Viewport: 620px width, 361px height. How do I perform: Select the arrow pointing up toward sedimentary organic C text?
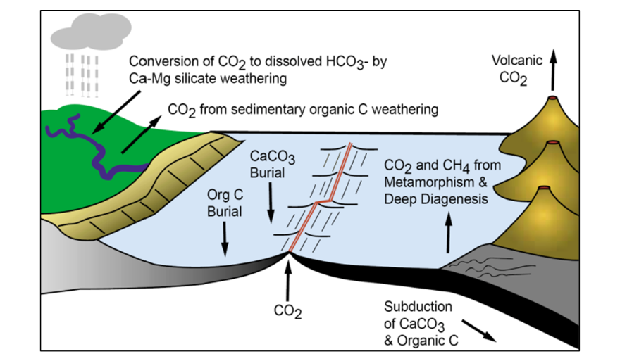[x=139, y=134]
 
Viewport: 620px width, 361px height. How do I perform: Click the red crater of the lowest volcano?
[x=542, y=189]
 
